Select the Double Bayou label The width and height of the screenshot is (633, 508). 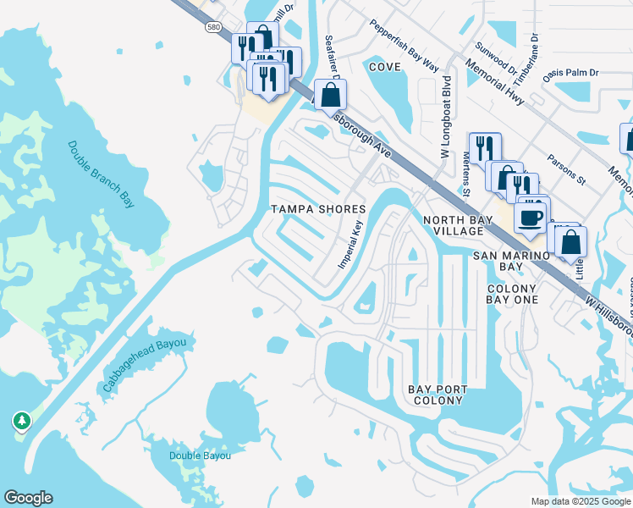pos(200,456)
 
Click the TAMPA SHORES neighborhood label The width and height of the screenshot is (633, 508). pos(318,209)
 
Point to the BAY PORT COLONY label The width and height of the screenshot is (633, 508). pos(438,395)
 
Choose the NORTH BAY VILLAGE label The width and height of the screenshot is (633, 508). pos(454,225)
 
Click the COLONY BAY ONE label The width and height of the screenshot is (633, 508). pos(512,295)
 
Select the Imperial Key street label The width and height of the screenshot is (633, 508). pos(350,246)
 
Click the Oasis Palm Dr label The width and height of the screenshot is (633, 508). pos(570,74)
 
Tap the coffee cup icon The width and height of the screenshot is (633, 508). pos(530,218)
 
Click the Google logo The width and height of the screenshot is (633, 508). pos(28,498)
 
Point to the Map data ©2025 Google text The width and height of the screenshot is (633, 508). pos(580,501)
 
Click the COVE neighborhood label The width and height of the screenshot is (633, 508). pos(384,66)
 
